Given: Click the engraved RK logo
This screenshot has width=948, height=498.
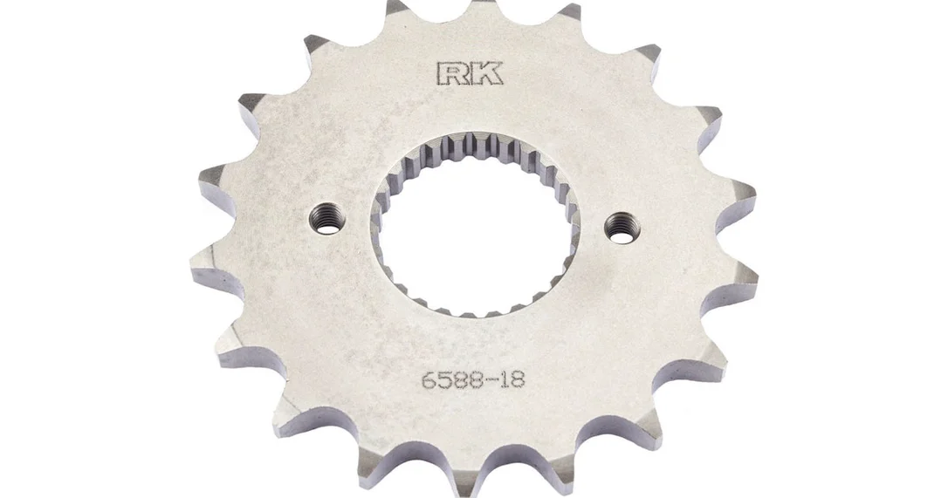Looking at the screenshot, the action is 469,72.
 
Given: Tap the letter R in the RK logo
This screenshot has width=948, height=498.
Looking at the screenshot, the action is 452,72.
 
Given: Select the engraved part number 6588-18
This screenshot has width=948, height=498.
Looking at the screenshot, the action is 472,379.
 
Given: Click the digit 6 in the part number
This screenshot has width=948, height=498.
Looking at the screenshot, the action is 428,380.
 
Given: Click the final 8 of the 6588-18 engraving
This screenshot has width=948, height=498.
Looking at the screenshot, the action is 518,379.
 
